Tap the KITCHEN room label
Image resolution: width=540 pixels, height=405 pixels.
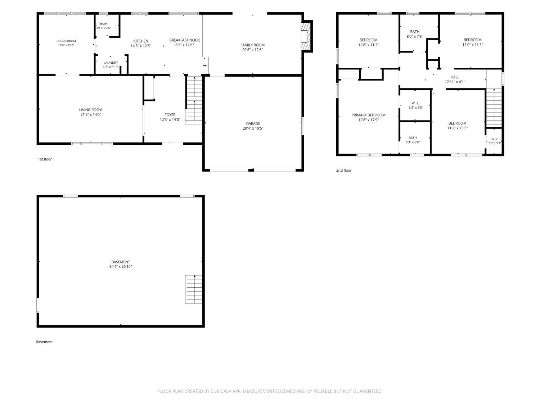pyautogui.click(x=141, y=41)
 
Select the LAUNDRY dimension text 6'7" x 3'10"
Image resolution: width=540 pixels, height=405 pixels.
pyautogui.click(x=111, y=67)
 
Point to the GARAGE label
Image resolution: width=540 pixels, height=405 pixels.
pyautogui.click(x=253, y=123)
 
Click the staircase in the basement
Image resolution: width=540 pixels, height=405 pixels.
pyautogui.click(x=194, y=289)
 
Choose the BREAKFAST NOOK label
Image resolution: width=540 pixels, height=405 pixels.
pyautogui.click(x=185, y=40)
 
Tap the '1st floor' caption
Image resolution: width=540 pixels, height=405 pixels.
pyautogui.click(x=45, y=159)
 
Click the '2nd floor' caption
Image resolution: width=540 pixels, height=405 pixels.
pyautogui.click(x=344, y=170)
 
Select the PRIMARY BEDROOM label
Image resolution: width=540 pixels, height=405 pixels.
pyautogui.click(x=368, y=115)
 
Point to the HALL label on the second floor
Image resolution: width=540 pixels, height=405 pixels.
pyautogui.click(x=455, y=77)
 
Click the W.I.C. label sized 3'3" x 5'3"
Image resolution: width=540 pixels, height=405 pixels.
pyautogui.click(x=495, y=139)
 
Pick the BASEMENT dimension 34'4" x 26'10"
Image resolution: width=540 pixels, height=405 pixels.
pyautogui.click(x=121, y=266)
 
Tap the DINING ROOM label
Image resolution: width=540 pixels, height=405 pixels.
pyautogui.click(x=66, y=41)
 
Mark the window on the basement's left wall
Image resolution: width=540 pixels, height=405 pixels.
pyautogui.click(x=38, y=305)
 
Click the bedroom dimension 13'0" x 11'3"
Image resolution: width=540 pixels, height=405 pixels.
pyautogui.click(x=472, y=45)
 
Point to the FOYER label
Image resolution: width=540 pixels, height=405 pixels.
pyautogui.click(x=170, y=115)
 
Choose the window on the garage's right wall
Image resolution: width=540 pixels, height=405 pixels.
pyautogui.click(x=303, y=126)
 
